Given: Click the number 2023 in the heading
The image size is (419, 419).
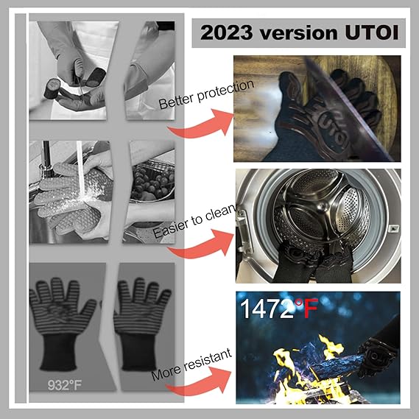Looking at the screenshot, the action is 226,33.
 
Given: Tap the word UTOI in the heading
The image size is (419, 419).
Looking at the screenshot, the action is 372,32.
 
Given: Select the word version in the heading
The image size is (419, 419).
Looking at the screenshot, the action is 298,33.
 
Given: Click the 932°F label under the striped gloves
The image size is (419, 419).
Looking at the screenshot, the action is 65,385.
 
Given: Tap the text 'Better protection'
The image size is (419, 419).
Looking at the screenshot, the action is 206,94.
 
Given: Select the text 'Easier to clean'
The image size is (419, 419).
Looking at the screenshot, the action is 194,221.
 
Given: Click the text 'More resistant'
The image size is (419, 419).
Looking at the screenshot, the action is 191,365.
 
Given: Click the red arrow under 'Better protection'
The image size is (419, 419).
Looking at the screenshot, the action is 203,127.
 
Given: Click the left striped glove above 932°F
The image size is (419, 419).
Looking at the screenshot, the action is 62,323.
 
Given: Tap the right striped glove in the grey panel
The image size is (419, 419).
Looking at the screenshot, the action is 141,323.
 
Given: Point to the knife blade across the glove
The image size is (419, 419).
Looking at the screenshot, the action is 350,110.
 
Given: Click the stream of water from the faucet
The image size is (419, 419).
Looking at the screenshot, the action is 80,171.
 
